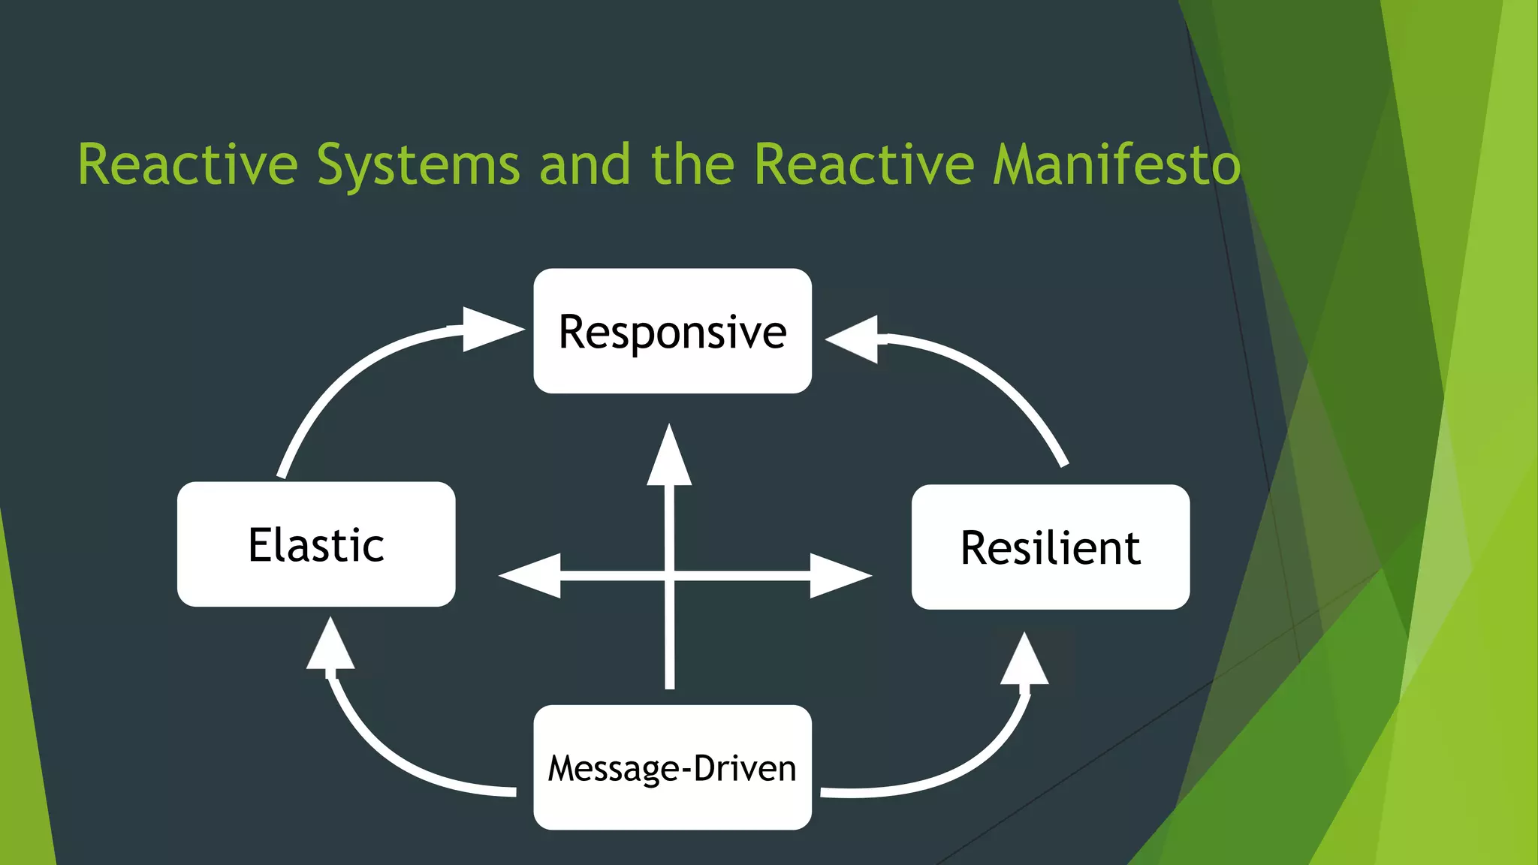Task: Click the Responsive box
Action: click(672, 331)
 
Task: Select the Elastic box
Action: click(316, 544)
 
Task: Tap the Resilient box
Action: click(1050, 547)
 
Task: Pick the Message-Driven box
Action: click(672, 767)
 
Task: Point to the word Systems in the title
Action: click(418, 164)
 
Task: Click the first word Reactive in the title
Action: click(188, 164)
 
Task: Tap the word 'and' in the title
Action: click(585, 164)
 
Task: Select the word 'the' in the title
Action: click(692, 164)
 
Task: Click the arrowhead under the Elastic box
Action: click(330, 646)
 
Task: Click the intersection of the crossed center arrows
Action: click(669, 576)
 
